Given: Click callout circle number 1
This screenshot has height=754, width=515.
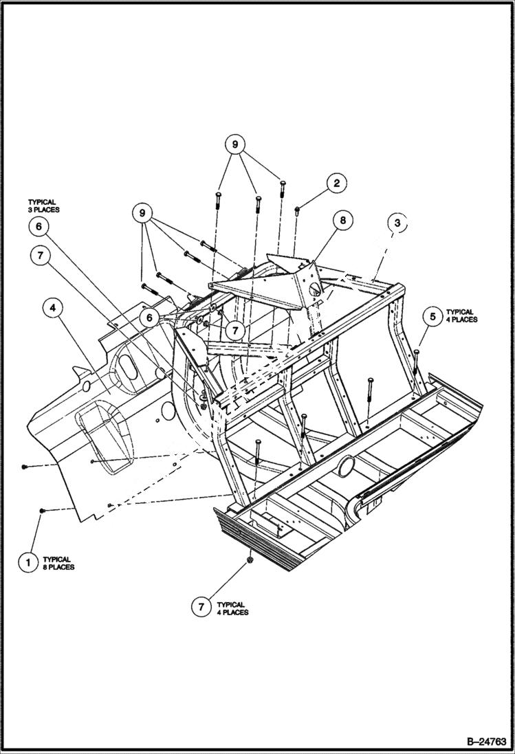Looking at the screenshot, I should (x=28, y=562).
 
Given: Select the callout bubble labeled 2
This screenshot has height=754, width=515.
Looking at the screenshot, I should (x=336, y=183).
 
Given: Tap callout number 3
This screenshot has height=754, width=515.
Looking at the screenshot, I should (x=397, y=223).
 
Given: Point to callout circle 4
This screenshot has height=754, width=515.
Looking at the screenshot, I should (x=53, y=309).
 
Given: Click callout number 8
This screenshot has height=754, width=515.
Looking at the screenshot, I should (x=342, y=221).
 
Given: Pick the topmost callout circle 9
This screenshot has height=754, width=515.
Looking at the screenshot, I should (x=234, y=145).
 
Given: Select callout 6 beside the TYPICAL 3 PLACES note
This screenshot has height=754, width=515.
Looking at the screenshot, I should (x=39, y=226).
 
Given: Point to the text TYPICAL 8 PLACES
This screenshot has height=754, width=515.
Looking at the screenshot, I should (x=58, y=563).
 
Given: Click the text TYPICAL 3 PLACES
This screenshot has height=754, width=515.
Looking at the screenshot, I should (x=44, y=205).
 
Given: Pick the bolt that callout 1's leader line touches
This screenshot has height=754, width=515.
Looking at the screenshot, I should (x=43, y=511).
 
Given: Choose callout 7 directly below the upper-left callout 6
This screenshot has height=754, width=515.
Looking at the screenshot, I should (x=41, y=256).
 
